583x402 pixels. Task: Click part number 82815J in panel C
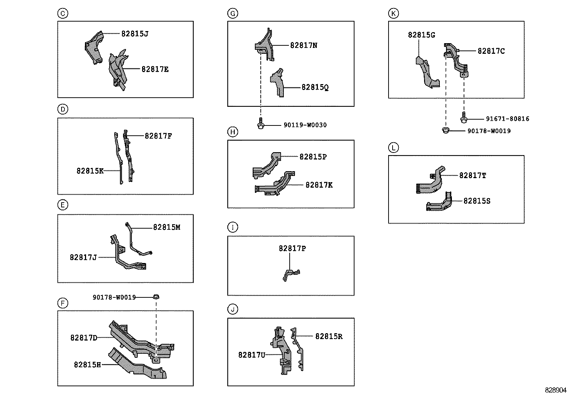click(135, 34)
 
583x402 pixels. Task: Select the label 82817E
click(155, 69)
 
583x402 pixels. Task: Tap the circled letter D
click(63, 109)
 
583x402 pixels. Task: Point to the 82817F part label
click(158, 136)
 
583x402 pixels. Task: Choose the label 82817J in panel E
click(83, 258)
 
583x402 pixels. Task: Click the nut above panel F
click(156, 297)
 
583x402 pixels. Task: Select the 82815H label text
click(87, 365)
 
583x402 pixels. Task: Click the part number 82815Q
click(315, 87)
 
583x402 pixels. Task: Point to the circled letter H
click(233, 132)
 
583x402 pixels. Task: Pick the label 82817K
click(319, 185)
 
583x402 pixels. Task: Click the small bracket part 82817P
click(290, 274)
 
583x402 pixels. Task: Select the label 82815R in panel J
click(329, 337)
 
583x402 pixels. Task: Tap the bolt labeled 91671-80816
click(464, 119)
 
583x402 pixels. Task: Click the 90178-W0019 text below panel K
click(489, 131)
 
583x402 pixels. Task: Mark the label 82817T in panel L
click(473, 176)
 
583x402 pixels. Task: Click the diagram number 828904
click(556, 390)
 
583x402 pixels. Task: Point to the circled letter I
click(233, 227)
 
